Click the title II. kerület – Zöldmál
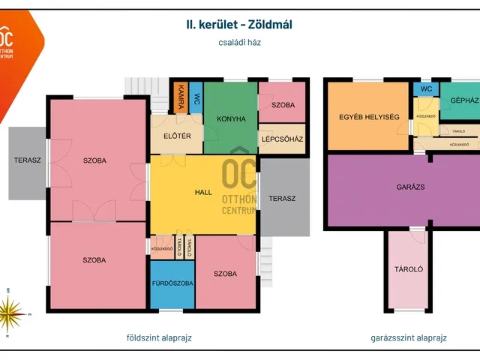pos(239,24)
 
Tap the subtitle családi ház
pos(239,43)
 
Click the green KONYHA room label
pos(231,118)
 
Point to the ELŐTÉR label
pos(177,136)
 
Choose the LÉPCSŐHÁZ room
pos(283,139)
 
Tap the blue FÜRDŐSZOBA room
pos(172,284)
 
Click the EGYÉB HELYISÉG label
pos(369,116)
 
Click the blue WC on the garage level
pos(426,89)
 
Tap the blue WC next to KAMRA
pos(196,97)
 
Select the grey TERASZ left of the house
pos(27,160)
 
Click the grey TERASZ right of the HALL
pos(283,198)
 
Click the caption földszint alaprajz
pos(159,337)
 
